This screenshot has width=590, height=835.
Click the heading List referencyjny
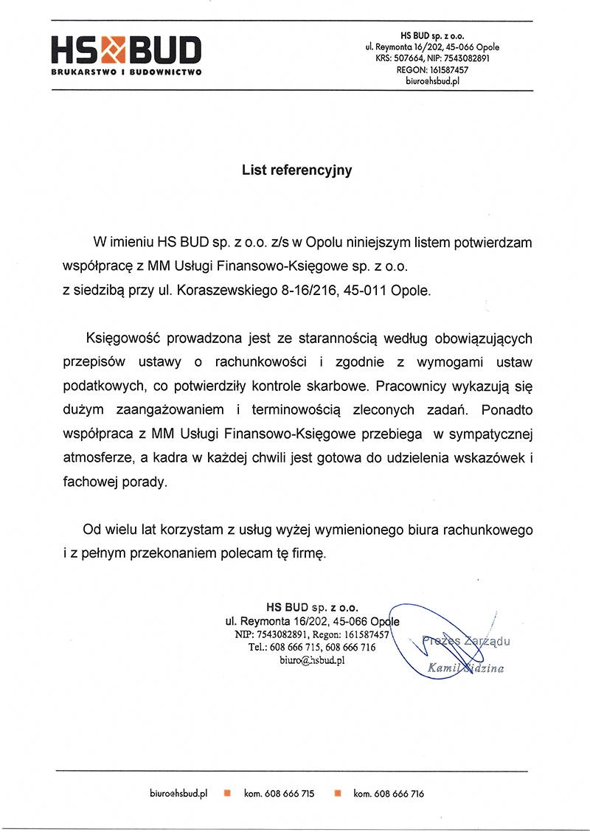[297, 170]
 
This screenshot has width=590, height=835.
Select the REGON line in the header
[432, 69]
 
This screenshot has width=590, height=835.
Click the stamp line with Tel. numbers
[312, 647]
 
